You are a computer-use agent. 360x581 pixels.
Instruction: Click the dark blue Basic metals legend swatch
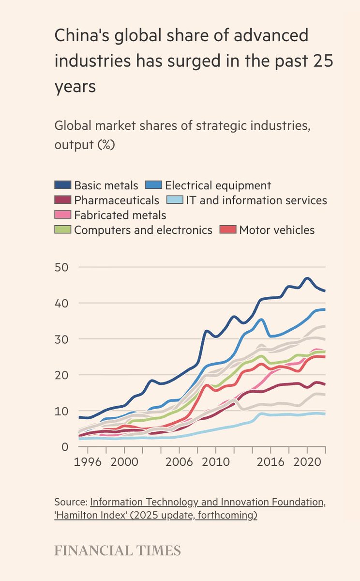tap(63, 185)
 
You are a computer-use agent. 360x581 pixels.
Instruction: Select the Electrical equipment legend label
tap(218, 185)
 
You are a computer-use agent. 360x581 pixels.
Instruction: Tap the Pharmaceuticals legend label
tap(116, 200)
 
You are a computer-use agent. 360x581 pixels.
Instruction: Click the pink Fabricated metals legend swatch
tap(63, 215)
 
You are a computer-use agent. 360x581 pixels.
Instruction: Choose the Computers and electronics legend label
tap(143, 230)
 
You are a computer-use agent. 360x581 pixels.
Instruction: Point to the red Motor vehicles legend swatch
tap(228, 230)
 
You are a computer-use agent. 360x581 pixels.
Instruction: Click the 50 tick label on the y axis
tap(62, 267)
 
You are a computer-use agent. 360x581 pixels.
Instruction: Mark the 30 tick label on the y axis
tap(62, 339)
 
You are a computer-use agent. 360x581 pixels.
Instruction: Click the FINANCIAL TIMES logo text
tap(118, 550)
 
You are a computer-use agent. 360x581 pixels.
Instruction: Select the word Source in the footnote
tap(70, 502)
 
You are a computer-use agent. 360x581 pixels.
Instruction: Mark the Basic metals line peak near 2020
tap(307, 278)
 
